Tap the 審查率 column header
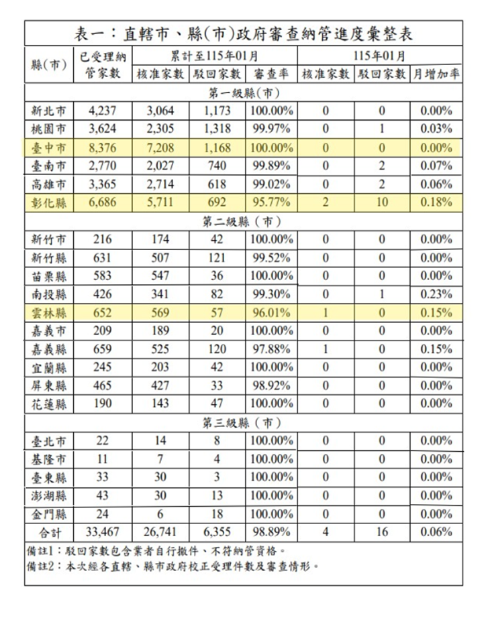(x=270, y=73)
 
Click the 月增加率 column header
(x=437, y=73)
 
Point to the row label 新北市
(x=48, y=111)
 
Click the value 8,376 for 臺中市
(x=103, y=147)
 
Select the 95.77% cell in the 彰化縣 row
(x=270, y=202)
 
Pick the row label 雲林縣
(x=48, y=312)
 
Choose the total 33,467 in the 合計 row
(x=103, y=532)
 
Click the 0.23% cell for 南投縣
(x=437, y=294)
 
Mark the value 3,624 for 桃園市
(x=103, y=129)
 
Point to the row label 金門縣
(x=48, y=514)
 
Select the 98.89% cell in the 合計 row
(x=270, y=532)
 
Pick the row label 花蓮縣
(x=48, y=404)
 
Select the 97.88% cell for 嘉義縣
(x=270, y=349)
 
